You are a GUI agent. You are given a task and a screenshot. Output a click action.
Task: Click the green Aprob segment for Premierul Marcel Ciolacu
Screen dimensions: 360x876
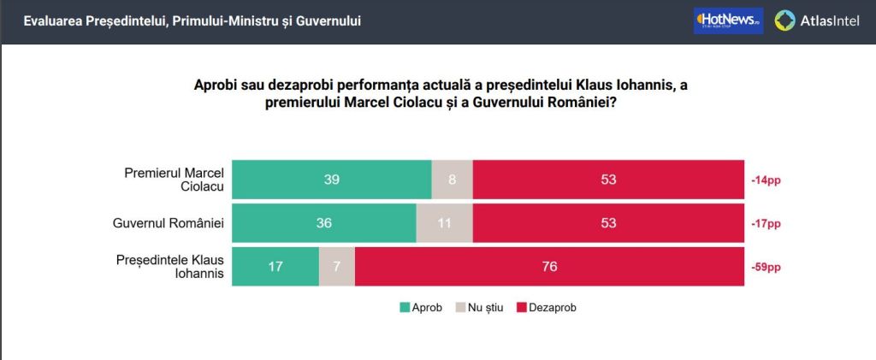(x=332, y=180)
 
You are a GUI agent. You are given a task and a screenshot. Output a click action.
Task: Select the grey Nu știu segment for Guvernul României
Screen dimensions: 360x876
(x=444, y=223)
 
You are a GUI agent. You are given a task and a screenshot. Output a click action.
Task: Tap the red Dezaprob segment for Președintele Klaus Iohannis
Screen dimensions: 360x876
(x=549, y=267)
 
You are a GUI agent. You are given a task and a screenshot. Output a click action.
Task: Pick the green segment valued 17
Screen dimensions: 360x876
(x=275, y=267)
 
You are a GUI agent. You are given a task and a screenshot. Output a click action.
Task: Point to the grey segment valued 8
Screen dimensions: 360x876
(x=452, y=180)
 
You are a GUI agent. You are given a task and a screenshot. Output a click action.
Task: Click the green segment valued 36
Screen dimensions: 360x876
(x=324, y=223)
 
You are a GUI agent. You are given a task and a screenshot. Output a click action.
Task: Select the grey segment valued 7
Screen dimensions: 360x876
(x=337, y=267)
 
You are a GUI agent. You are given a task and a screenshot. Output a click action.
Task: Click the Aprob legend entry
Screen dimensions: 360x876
(x=420, y=306)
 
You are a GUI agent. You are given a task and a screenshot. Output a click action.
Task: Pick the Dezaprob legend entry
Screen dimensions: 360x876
(x=547, y=306)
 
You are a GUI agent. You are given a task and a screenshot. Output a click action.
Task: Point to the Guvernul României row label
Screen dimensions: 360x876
(x=168, y=223)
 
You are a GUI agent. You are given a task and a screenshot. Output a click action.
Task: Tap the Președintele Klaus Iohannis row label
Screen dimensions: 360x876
(x=169, y=267)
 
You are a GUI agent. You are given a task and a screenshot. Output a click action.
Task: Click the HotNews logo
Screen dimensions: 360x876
(x=728, y=21)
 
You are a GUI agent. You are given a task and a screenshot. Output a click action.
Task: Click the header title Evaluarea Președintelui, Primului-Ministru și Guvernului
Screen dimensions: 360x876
(x=192, y=21)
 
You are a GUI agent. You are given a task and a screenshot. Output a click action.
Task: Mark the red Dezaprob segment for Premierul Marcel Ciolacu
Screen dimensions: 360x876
(x=608, y=180)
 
